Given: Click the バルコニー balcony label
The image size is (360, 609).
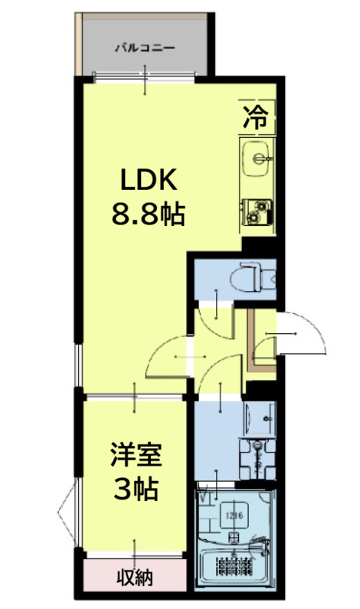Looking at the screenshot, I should (x=145, y=47).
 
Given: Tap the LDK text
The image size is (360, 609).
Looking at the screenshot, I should (x=147, y=182).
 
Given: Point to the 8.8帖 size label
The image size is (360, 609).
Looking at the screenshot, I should (x=148, y=214).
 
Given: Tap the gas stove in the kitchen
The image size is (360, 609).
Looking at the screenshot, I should (x=258, y=211).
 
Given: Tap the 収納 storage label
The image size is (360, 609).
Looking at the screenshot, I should (x=135, y=576).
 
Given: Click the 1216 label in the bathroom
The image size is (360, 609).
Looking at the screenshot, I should (x=234, y=515).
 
